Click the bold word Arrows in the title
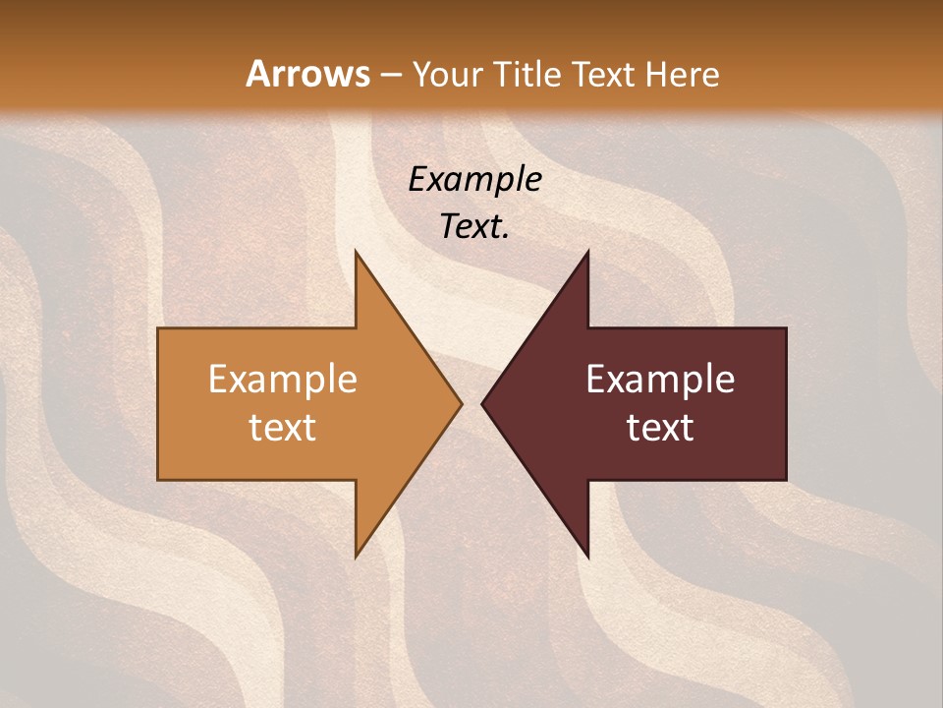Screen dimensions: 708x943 306,74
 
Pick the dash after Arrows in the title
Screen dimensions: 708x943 390,75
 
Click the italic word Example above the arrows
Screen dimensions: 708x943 474,179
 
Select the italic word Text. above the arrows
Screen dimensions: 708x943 474,227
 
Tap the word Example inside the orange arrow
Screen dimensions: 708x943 283,380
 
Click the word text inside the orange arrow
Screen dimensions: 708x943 283,427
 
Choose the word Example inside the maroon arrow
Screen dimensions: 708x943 660,380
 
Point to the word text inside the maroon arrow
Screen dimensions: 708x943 660,427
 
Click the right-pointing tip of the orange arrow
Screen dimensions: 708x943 461,403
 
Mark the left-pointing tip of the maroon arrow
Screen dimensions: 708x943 482,403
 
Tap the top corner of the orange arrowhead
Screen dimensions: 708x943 356,251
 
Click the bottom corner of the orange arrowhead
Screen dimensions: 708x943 356,557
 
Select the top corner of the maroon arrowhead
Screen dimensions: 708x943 587,251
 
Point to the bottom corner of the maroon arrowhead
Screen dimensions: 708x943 587,557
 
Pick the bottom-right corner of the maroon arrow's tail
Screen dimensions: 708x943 786,479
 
